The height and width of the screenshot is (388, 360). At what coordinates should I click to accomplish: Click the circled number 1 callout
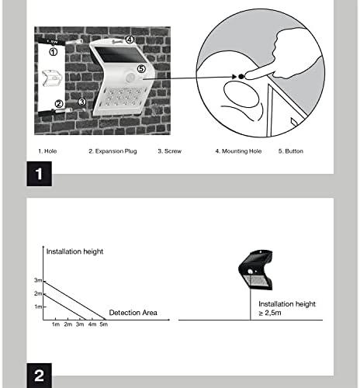(53, 52)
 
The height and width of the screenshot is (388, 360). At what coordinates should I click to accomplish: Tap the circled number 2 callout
(59, 104)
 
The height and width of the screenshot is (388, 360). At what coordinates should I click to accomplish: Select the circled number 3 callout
(81, 102)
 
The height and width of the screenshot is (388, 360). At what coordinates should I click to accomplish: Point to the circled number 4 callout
(130, 40)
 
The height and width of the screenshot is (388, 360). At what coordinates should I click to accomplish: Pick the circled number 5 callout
(141, 69)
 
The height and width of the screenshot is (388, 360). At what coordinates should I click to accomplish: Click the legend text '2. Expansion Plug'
(112, 151)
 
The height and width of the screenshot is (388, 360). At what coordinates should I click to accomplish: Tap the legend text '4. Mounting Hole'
(238, 151)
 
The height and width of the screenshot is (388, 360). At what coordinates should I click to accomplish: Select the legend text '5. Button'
(291, 151)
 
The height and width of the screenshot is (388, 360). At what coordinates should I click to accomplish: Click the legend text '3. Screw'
(170, 151)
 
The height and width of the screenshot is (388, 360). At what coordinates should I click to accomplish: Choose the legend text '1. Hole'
(47, 151)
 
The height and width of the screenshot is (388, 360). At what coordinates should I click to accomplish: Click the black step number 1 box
(40, 174)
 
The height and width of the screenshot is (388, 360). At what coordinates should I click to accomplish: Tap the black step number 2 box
(40, 376)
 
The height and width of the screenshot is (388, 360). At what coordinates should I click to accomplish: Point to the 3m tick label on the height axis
(38, 280)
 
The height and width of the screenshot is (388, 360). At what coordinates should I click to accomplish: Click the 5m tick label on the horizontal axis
(104, 324)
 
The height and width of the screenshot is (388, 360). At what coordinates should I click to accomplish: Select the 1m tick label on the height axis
(38, 307)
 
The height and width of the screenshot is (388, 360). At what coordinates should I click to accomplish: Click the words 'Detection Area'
(133, 313)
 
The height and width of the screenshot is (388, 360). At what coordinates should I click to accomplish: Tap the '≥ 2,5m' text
(270, 313)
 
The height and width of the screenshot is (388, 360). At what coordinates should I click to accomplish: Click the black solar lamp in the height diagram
(255, 269)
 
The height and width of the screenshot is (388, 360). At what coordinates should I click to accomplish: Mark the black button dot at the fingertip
(241, 76)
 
